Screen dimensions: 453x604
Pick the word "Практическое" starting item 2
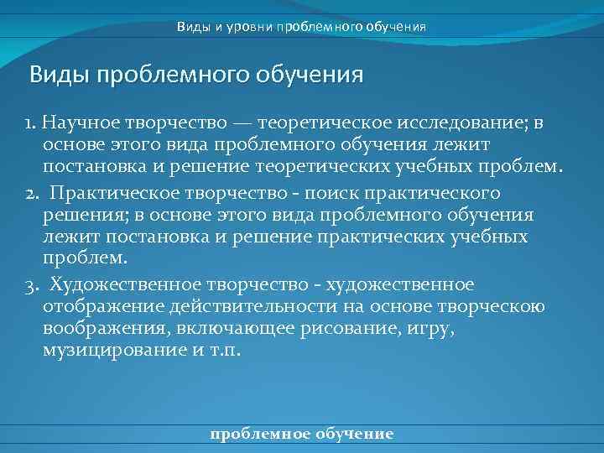[x=108, y=195]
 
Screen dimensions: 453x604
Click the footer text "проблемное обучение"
[x=302, y=434]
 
